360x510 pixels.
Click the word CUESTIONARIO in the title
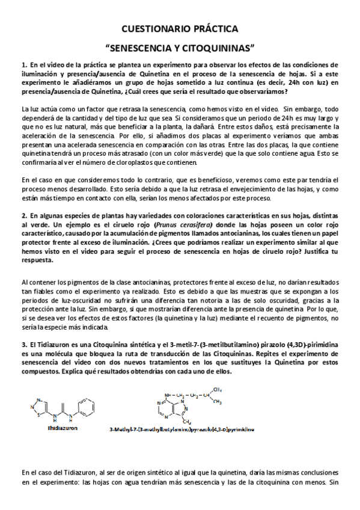(154, 28)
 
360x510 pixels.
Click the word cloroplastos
(137, 162)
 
